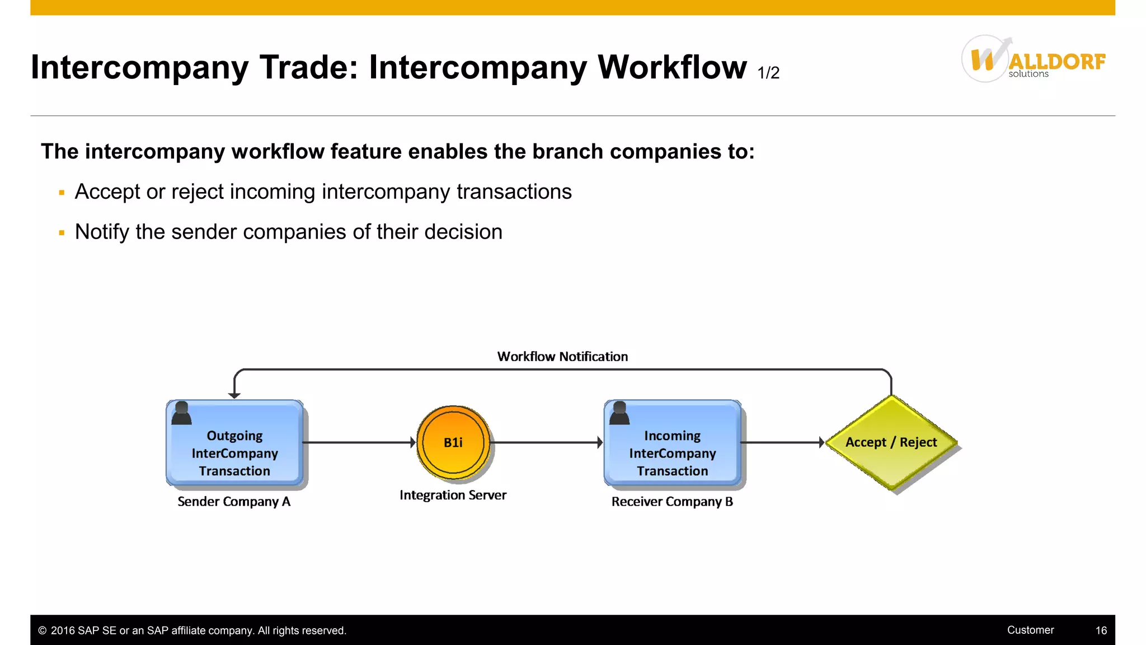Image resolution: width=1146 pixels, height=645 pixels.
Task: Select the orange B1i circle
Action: (453, 442)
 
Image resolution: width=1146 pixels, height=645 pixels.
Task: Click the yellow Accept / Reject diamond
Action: (891, 442)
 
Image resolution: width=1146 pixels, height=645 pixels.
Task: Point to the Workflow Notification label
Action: (562, 357)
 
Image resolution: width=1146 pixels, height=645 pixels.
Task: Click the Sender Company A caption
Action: (234, 502)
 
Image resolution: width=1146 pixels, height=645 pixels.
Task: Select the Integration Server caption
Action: (453, 495)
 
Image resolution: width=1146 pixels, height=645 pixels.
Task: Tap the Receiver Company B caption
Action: (672, 502)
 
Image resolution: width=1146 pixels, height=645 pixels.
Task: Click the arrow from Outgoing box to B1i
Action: (358, 442)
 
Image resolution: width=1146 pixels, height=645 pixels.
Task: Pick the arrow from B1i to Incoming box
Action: (546, 442)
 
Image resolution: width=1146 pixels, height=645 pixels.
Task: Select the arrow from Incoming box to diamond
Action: (782, 442)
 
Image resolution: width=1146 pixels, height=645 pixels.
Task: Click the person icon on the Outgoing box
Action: (181, 413)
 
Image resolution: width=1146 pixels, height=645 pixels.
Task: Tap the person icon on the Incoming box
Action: (619, 413)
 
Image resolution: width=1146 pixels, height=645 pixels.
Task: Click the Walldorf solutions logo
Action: (1033, 59)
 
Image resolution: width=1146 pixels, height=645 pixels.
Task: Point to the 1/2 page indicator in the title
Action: (768, 73)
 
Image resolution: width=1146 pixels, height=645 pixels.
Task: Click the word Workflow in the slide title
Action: (671, 67)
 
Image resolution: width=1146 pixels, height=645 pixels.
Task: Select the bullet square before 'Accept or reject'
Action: (62, 193)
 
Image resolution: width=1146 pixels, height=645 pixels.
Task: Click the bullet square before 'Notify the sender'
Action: (62, 232)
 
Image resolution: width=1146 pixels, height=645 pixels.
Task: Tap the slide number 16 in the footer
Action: (1101, 630)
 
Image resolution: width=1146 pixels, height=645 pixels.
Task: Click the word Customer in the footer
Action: (1030, 630)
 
